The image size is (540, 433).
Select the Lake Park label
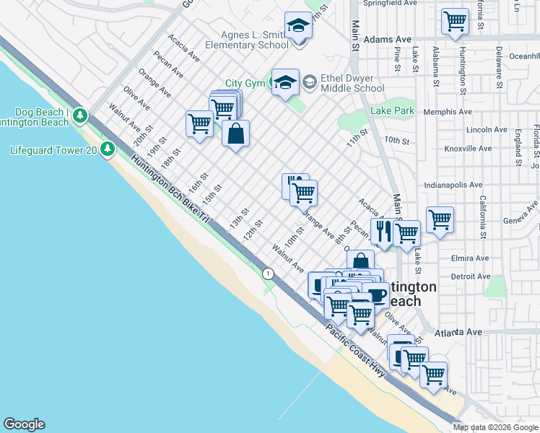[x=393, y=111]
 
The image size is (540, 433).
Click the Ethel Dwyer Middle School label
[x=352, y=83]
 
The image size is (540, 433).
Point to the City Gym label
[x=245, y=84]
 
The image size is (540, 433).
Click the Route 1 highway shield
[x=269, y=274]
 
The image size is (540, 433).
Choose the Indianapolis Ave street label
[x=453, y=185]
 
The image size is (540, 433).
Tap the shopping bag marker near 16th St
[x=236, y=134]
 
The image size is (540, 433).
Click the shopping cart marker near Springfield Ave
[x=455, y=22]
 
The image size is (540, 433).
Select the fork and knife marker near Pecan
[x=384, y=231]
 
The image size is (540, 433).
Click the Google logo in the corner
[x=24, y=424]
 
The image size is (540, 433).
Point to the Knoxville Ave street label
[x=468, y=149]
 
